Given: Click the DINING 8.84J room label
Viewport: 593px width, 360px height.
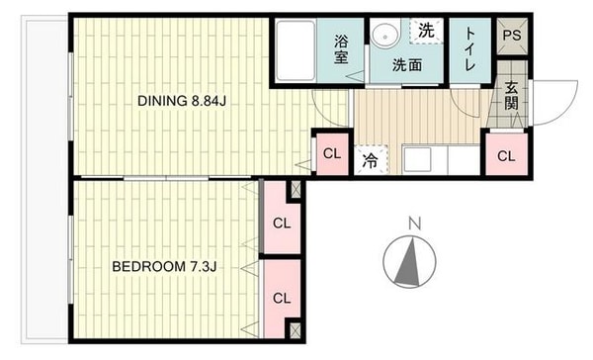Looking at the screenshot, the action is point(182,101).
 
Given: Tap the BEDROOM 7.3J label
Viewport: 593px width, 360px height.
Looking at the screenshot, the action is point(164,266).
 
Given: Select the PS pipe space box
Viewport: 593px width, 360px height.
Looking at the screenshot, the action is point(512,36).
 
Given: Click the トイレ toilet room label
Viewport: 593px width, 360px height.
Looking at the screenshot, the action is point(469,48).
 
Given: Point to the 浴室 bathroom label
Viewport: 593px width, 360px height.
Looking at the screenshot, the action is point(341,49).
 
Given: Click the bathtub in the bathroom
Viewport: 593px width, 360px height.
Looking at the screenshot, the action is point(296,50).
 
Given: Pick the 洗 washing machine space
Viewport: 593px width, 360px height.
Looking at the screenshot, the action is point(426,31).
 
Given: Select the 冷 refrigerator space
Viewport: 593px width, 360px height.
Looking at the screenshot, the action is point(371,160).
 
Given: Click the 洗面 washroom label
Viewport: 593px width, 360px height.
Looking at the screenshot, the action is point(407,65).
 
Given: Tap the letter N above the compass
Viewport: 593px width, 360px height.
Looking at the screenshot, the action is point(415,224).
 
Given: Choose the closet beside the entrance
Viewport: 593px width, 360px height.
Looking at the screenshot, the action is point(506,155).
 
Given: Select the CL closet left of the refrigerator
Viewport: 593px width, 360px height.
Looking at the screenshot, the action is point(332,153).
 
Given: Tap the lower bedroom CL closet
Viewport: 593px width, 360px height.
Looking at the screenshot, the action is point(282,299).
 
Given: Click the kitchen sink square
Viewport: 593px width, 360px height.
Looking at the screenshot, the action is point(417,159).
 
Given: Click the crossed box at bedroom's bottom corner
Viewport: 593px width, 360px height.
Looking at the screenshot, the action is point(296,330).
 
